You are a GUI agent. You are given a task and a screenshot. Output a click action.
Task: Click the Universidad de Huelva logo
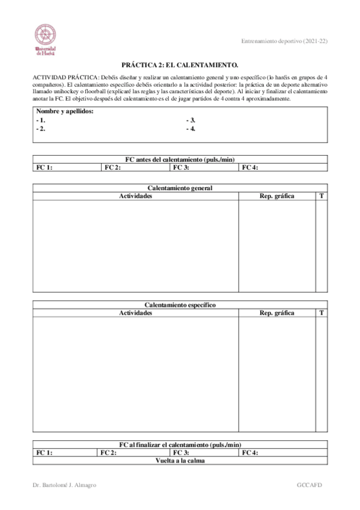click(x=45, y=40)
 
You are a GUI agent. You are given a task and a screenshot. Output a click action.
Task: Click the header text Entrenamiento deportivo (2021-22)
click(x=284, y=41)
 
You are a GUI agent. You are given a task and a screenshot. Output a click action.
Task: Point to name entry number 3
click(x=191, y=120)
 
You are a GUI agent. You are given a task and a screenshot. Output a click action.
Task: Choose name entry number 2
click(x=40, y=129)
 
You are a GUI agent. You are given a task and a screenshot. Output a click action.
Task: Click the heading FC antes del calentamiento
click(x=180, y=159)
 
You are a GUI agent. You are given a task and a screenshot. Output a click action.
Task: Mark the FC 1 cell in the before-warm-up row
click(x=66, y=168)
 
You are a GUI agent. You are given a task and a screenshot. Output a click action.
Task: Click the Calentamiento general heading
click(x=180, y=188)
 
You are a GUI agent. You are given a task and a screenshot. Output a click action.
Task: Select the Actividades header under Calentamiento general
click(x=135, y=196)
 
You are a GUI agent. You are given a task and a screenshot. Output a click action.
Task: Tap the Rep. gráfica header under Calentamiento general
click(x=276, y=196)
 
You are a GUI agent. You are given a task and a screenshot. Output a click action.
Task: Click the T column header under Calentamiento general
click(x=322, y=196)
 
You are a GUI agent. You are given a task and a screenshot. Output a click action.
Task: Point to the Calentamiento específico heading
click(x=180, y=305)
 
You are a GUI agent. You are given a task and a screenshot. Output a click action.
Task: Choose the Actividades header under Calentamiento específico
click(x=135, y=313)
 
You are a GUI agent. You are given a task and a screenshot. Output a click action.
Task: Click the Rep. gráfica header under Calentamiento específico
click(x=276, y=313)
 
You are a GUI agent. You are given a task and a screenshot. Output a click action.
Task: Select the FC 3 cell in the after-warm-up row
click(x=204, y=453)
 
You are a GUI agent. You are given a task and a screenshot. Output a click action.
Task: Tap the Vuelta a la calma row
click(x=180, y=461)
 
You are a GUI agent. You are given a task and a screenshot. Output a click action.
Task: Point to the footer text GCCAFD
click(x=311, y=485)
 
